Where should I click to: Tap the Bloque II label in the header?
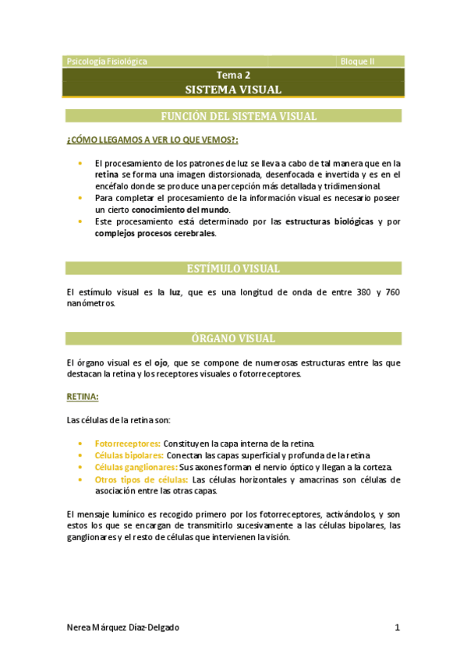point(358,61)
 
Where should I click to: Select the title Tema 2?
point(233,76)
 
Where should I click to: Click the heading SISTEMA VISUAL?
point(233,90)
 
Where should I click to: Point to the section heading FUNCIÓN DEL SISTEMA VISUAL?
point(238,116)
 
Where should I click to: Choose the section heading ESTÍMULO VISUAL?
point(233,269)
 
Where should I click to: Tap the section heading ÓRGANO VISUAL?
point(233,339)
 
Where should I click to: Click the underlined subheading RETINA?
point(82,397)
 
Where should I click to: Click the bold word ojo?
point(161,362)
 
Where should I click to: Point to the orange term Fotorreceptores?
point(127,443)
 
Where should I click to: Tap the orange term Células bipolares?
point(129,454)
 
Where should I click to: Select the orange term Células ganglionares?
point(136,467)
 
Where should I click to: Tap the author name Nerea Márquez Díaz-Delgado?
point(128,627)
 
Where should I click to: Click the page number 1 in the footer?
point(397,627)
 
